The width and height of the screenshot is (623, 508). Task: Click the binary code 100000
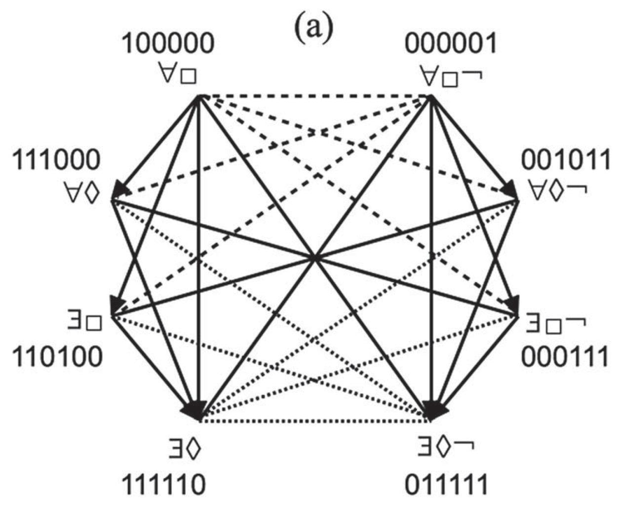click(168, 45)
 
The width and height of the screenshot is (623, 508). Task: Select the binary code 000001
click(451, 45)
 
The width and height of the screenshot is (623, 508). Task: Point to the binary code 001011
click(566, 160)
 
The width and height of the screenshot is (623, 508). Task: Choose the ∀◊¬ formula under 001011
click(556, 190)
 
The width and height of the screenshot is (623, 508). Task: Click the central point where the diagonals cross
click(314, 257)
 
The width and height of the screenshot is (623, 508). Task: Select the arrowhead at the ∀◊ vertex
click(120, 190)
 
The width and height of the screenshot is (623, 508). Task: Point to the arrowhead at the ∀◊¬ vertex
click(511, 190)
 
